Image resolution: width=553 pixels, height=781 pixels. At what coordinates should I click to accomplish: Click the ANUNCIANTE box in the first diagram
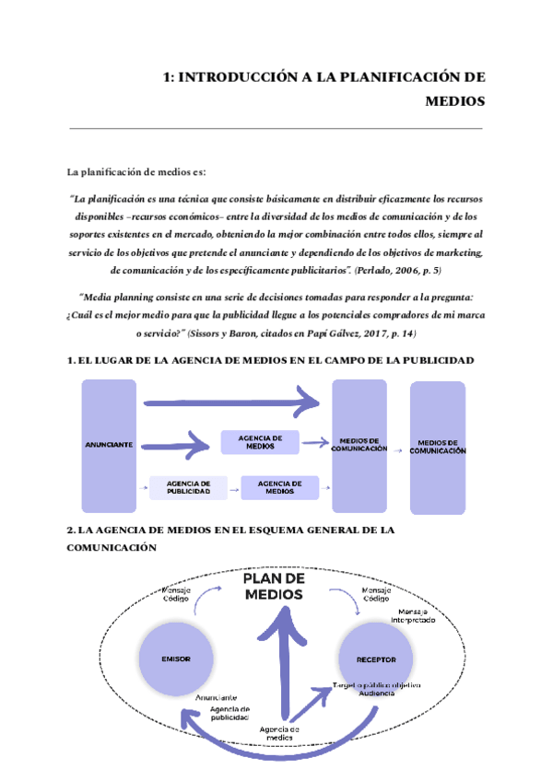click(108, 445)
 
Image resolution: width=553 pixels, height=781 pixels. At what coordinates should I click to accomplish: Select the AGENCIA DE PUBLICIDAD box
click(188, 488)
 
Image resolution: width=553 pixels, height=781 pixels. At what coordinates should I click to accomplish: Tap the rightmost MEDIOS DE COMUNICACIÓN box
click(438, 446)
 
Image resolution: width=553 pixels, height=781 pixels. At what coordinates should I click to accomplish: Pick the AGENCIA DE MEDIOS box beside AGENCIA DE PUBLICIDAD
click(280, 488)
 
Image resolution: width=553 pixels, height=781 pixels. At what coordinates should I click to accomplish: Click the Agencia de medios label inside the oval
click(278, 733)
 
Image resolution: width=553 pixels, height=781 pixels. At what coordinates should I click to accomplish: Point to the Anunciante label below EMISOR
click(217, 697)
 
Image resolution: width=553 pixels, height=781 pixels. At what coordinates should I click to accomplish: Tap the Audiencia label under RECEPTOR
click(377, 694)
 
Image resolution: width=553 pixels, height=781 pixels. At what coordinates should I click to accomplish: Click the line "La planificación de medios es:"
click(137, 172)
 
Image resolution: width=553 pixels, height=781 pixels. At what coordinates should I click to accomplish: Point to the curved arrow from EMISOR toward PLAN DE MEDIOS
click(205, 603)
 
